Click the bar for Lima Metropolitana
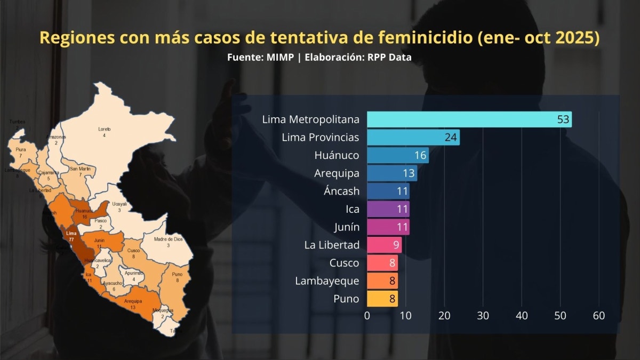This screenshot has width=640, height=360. click(469, 119)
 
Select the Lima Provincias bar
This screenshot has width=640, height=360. click(413, 138)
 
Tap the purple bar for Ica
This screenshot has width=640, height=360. click(388, 209)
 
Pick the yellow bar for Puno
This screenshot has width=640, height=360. click(382, 299)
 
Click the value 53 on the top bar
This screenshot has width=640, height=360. click(563, 119)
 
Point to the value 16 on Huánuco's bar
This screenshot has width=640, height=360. click(421, 156)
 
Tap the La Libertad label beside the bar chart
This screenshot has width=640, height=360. click(332, 245)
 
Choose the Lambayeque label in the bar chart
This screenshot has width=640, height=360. click(327, 281)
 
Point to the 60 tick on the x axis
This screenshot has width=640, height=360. click(598, 316)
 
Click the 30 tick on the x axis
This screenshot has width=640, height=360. click(483, 316)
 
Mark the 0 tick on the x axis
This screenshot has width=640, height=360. click(367, 316)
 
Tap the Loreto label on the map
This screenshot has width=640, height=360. click(105, 130)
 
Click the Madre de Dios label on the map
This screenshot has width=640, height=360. click(168, 239)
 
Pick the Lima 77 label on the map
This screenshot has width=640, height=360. click(71, 236)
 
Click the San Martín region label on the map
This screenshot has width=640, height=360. click(80, 169)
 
